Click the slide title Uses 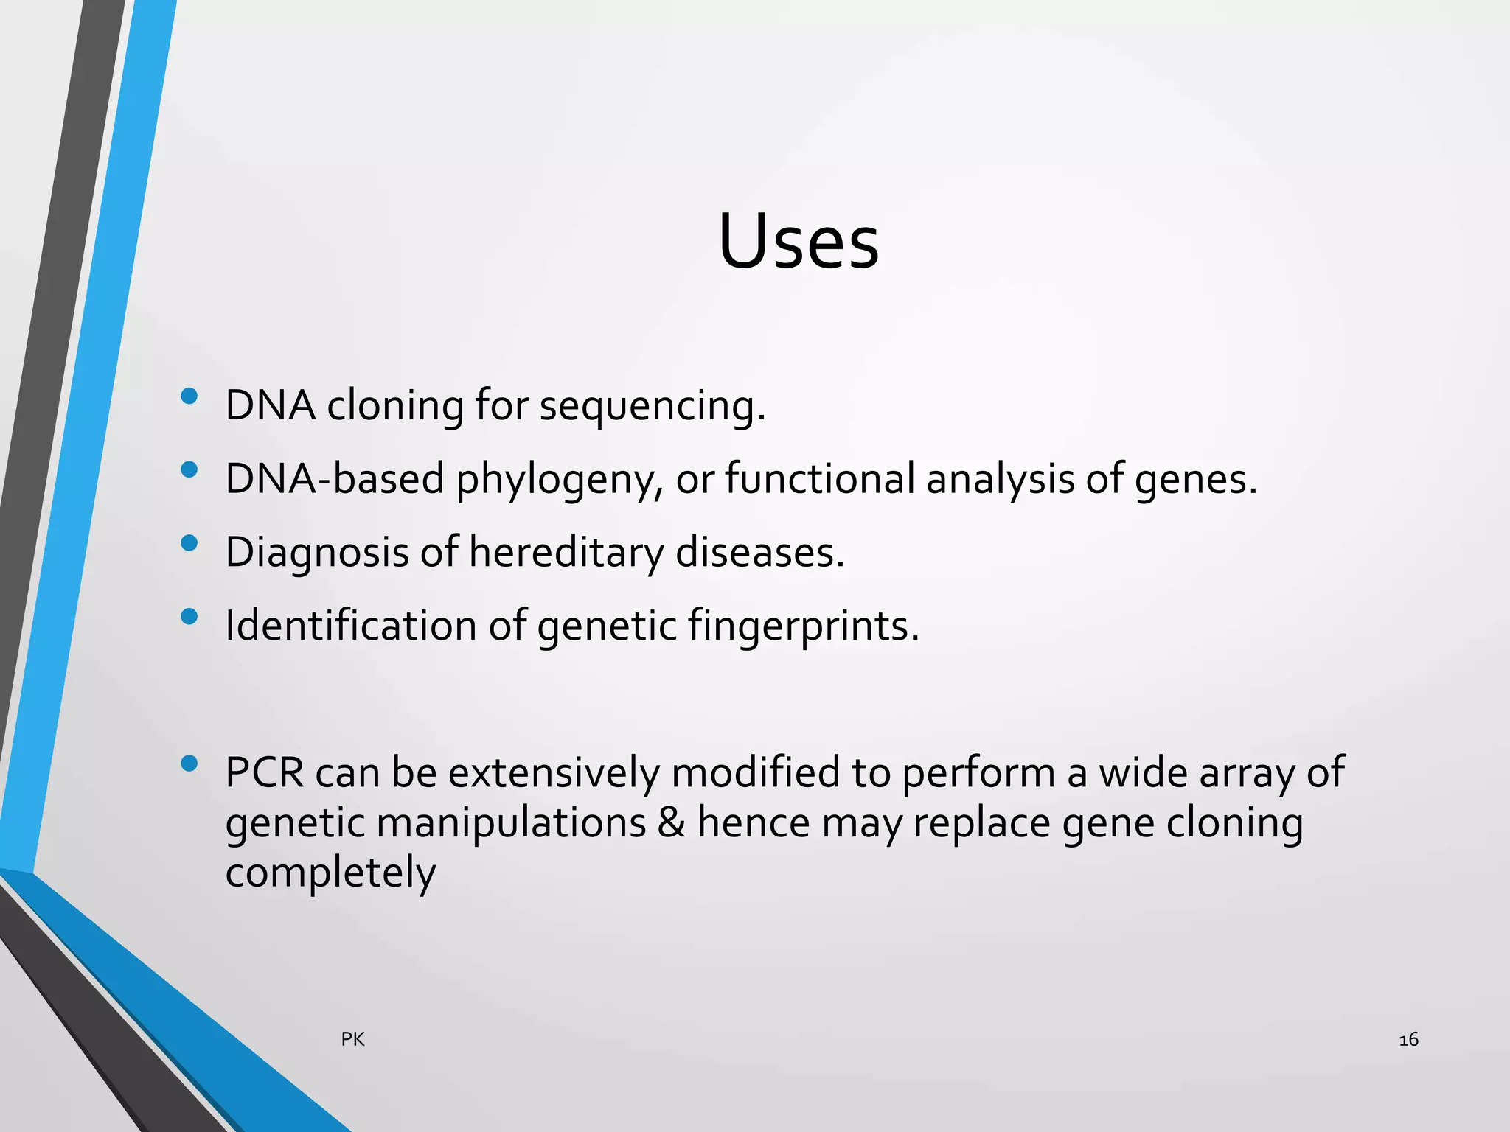tap(799, 242)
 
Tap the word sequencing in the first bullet tap(652, 407)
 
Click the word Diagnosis tap(316, 553)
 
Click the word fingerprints tap(803, 626)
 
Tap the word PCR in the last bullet tap(264, 773)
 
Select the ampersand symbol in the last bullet tap(671, 823)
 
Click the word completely tap(330, 874)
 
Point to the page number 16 tap(1408, 1040)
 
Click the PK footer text tap(352, 1040)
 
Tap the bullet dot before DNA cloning tap(189, 396)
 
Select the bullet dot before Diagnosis tap(189, 543)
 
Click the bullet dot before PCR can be tap(189, 764)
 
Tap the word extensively tap(554, 773)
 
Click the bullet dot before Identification tap(189, 616)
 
